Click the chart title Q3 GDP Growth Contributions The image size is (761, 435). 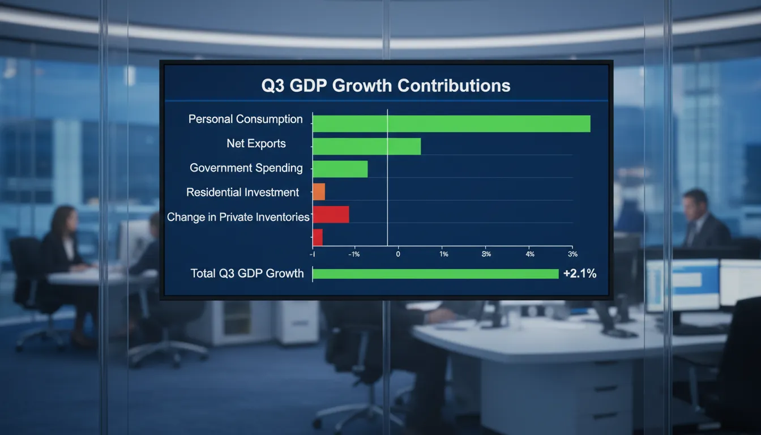click(x=386, y=86)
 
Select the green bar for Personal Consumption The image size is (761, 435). click(x=451, y=123)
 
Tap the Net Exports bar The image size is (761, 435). click(x=366, y=146)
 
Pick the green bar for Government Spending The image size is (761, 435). click(x=340, y=169)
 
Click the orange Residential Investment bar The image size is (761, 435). click(x=319, y=191)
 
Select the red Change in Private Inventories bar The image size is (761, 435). click(x=331, y=214)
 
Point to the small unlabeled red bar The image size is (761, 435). click(x=318, y=237)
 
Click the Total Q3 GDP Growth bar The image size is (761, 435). click(x=435, y=274)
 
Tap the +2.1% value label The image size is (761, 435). click(x=580, y=274)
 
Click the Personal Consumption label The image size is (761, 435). click(x=245, y=119)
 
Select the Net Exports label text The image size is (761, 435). click(x=256, y=143)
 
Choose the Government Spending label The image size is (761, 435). click(x=246, y=168)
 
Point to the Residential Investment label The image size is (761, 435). click(x=242, y=193)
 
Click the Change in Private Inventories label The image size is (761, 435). click(x=238, y=217)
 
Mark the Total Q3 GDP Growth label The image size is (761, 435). click(x=247, y=274)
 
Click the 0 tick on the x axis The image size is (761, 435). click(x=398, y=254)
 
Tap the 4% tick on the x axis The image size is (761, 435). click(x=529, y=254)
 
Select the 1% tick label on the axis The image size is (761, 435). click(x=444, y=254)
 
